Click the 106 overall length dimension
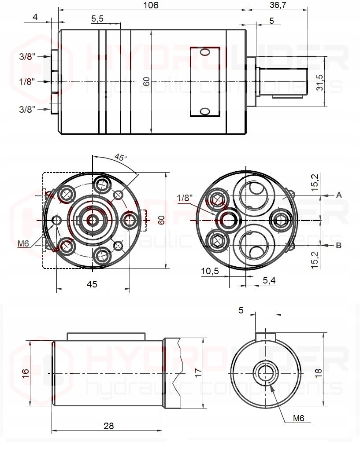151,5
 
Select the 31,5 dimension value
320,82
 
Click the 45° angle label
120,157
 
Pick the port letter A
339,195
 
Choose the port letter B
339,246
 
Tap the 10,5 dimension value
210,272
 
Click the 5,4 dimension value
269,280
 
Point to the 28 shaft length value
108,426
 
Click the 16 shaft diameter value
26,372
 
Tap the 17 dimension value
198,372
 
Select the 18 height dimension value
319,372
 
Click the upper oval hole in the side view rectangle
205,53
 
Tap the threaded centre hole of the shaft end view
266,372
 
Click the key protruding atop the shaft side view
106,336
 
